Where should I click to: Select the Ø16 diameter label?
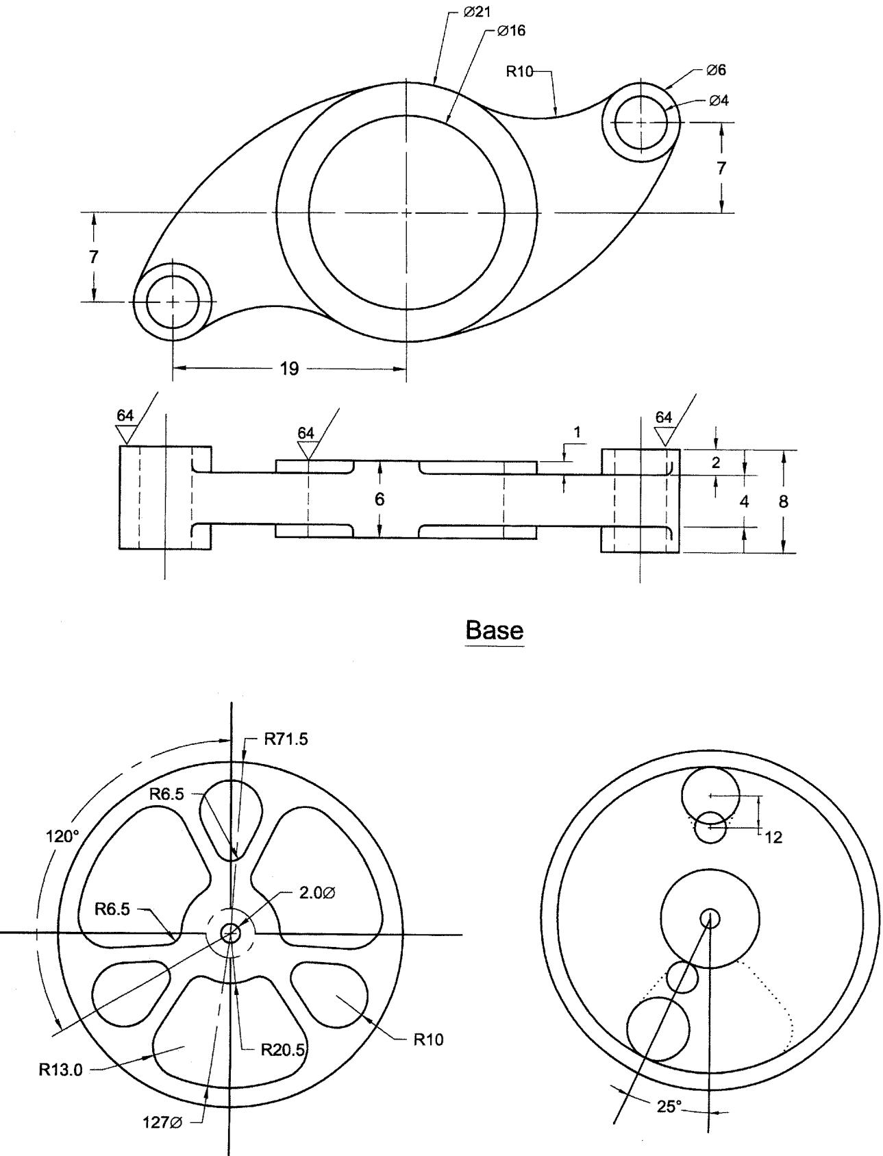tap(512, 31)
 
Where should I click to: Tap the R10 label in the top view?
tap(519, 71)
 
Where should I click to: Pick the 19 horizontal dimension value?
tap(289, 369)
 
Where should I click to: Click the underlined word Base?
tap(495, 630)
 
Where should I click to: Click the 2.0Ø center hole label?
tap(318, 894)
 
